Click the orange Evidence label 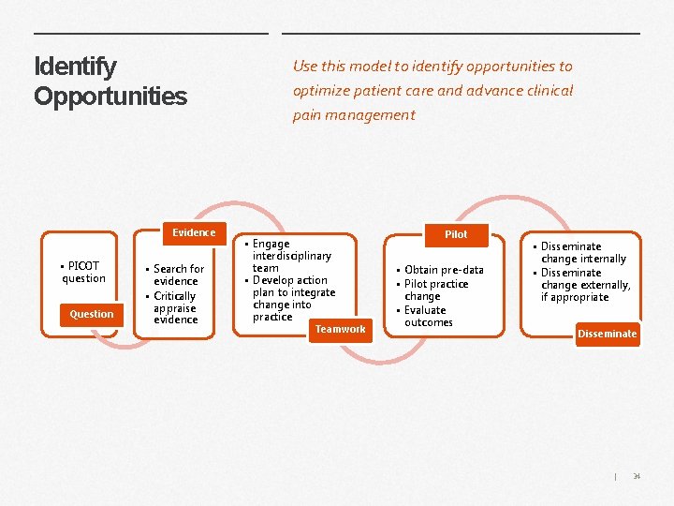tap(194, 232)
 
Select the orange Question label tap(91, 314)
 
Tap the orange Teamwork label tap(340, 329)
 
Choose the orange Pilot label tap(456, 234)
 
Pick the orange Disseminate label tap(607, 334)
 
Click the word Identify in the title tap(75, 67)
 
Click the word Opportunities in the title tap(110, 97)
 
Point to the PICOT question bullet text tap(84, 272)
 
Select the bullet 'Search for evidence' tap(177, 275)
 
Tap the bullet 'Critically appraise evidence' tap(176, 307)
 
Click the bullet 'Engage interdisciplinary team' tap(290, 255)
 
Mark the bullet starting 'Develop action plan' tap(292, 298)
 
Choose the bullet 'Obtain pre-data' tap(443, 270)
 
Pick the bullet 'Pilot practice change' tap(434, 290)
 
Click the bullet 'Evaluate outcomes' tap(427, 316)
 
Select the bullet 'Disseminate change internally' tap(582, 252)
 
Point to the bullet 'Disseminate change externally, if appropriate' tap(585, 285)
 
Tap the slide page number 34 tap(637, 477)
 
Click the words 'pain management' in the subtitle tap(354, 115)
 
